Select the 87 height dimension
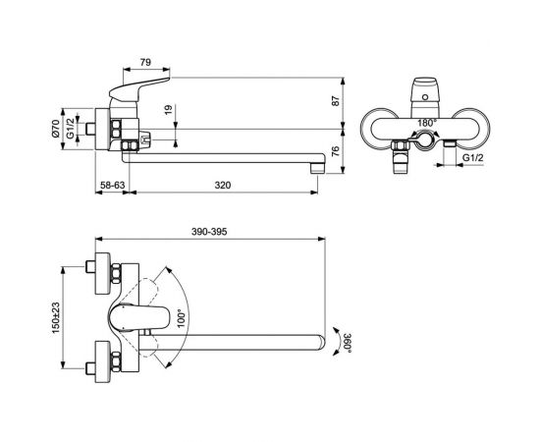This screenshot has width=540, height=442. pyautogui.click(x=336, y=100)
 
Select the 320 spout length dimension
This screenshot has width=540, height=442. pyautogui.click(x=225, y=184)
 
